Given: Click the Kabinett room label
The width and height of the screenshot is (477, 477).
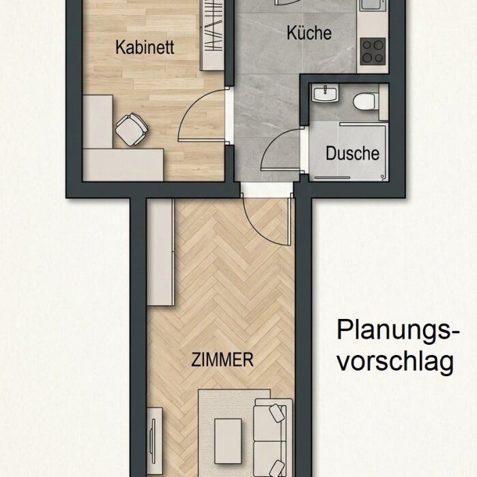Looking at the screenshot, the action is coord(145,48).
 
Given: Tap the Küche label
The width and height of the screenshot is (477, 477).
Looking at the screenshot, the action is coord(309,33).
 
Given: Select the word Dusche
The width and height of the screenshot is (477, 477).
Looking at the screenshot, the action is coord(352,153).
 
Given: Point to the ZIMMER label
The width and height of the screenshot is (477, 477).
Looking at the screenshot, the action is coord(222,360).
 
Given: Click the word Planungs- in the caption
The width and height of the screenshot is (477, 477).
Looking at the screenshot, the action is coord(398,330).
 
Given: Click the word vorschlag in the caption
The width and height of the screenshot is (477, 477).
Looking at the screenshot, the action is coord(396,360).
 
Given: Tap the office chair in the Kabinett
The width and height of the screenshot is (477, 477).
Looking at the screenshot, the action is coord(132,129).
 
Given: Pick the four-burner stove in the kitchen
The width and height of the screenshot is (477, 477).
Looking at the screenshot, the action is coord(373,51).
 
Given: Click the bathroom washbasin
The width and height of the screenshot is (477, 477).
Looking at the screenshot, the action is coord(325,93).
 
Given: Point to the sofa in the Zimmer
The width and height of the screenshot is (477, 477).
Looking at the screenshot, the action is coord(270,439).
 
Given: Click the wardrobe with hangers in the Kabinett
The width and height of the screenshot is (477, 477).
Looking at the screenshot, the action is coord(212,35).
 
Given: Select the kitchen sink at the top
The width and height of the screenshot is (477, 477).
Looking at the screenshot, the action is coord(373,5).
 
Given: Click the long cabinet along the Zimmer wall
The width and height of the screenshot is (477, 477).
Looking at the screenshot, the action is coord(160,251).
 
